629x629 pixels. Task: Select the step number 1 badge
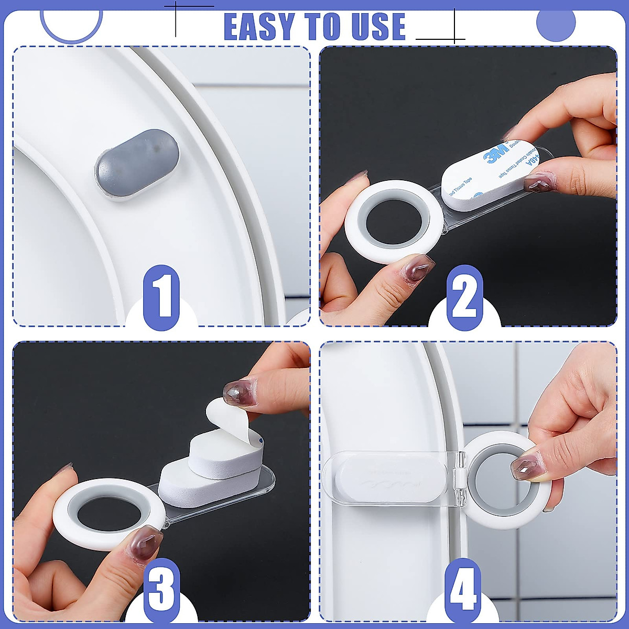tap(161, 298)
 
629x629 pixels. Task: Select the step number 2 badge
tap(464, 298)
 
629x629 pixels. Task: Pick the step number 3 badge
tap(161, 590)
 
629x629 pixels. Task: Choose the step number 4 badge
tap(463, 590)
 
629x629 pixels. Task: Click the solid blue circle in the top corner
tap(556, 24)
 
